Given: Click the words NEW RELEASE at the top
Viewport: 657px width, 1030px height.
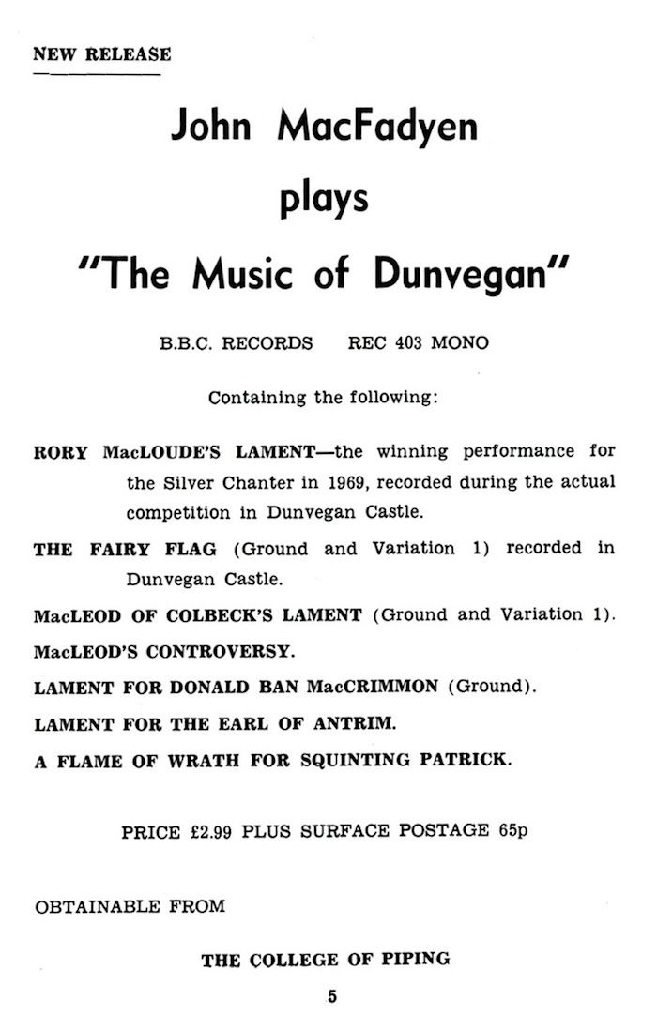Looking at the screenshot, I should (102, 53).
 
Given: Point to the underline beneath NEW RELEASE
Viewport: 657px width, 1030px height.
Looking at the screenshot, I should (97, 73).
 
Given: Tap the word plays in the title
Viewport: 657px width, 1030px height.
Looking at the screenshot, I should (324, 199).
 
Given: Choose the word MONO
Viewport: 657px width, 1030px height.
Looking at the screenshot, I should (459, 343).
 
